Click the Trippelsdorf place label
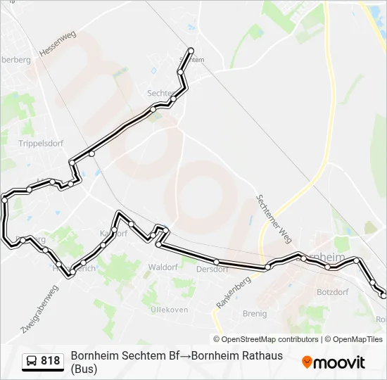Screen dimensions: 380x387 41,144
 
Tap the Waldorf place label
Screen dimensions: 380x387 163,267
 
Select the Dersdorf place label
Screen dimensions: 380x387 212,269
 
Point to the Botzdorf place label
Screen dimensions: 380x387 333,291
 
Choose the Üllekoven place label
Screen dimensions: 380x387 168,310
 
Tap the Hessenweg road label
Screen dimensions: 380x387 58,44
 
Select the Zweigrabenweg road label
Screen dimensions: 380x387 39,308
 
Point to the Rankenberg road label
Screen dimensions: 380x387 234,291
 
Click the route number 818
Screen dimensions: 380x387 50,361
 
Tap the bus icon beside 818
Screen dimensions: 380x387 32,361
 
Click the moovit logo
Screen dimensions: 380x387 334,362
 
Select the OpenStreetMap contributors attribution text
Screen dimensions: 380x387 269,339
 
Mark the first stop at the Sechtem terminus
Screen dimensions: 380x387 191,50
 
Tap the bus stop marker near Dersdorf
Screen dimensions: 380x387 217,262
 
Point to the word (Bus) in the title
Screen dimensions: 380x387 87,368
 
